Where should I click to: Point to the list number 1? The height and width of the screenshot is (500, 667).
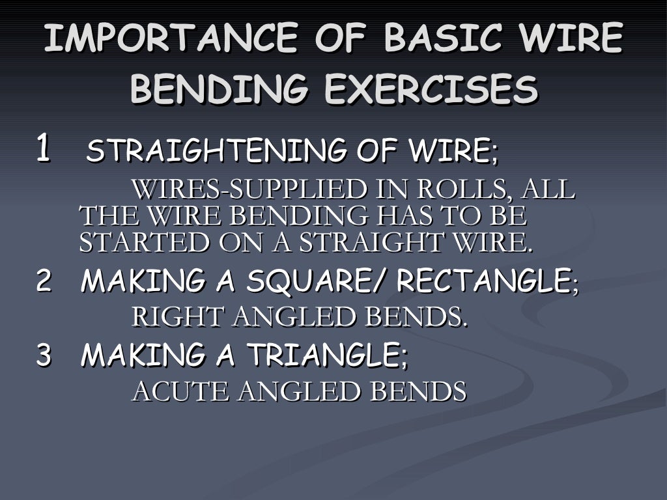tap(43, 148)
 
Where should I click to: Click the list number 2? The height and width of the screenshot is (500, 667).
tap(44, 281)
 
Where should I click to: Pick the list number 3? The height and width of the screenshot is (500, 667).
tap(44, 355)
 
